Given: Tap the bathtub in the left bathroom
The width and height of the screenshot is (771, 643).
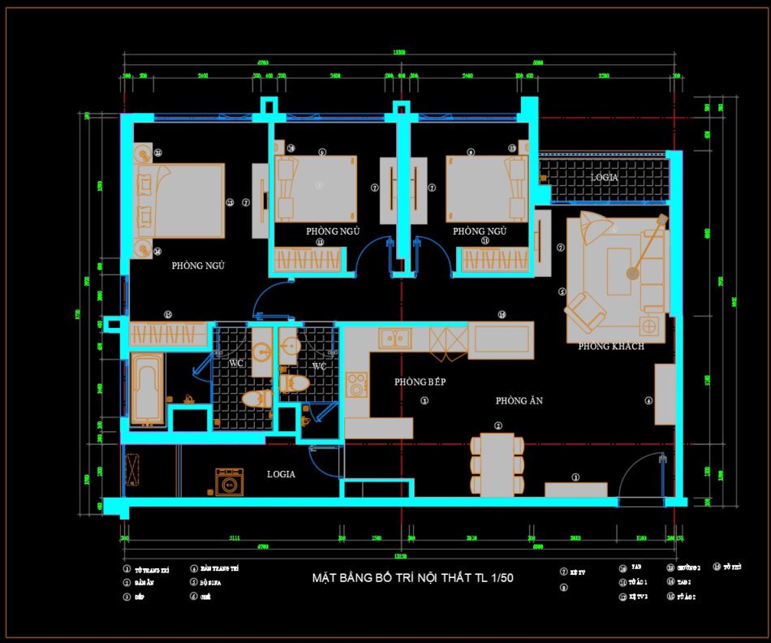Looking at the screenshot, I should click(148, 390).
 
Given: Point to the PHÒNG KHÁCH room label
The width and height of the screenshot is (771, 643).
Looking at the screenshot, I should click(610, 347).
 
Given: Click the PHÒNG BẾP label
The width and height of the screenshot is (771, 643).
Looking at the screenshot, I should click(420, 382).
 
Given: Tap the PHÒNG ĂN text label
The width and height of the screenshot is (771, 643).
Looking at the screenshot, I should click(519, 401).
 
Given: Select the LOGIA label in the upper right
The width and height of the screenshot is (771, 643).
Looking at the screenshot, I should click(604, 177).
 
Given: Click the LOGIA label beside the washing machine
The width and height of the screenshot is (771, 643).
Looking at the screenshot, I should click(281, 474).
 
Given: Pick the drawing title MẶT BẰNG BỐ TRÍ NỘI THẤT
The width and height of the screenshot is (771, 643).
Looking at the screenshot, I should click(412, 578).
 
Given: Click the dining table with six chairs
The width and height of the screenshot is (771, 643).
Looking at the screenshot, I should click(497, 464).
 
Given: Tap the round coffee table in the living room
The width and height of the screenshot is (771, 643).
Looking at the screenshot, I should click(633, 274).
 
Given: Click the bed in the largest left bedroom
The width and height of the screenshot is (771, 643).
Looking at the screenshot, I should click(187, 201).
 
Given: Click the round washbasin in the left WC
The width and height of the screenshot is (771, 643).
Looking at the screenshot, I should click(261, 352).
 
